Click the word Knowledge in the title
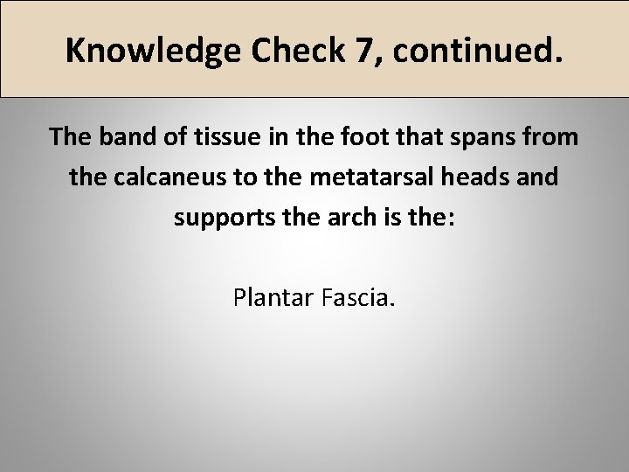[153, 51]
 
